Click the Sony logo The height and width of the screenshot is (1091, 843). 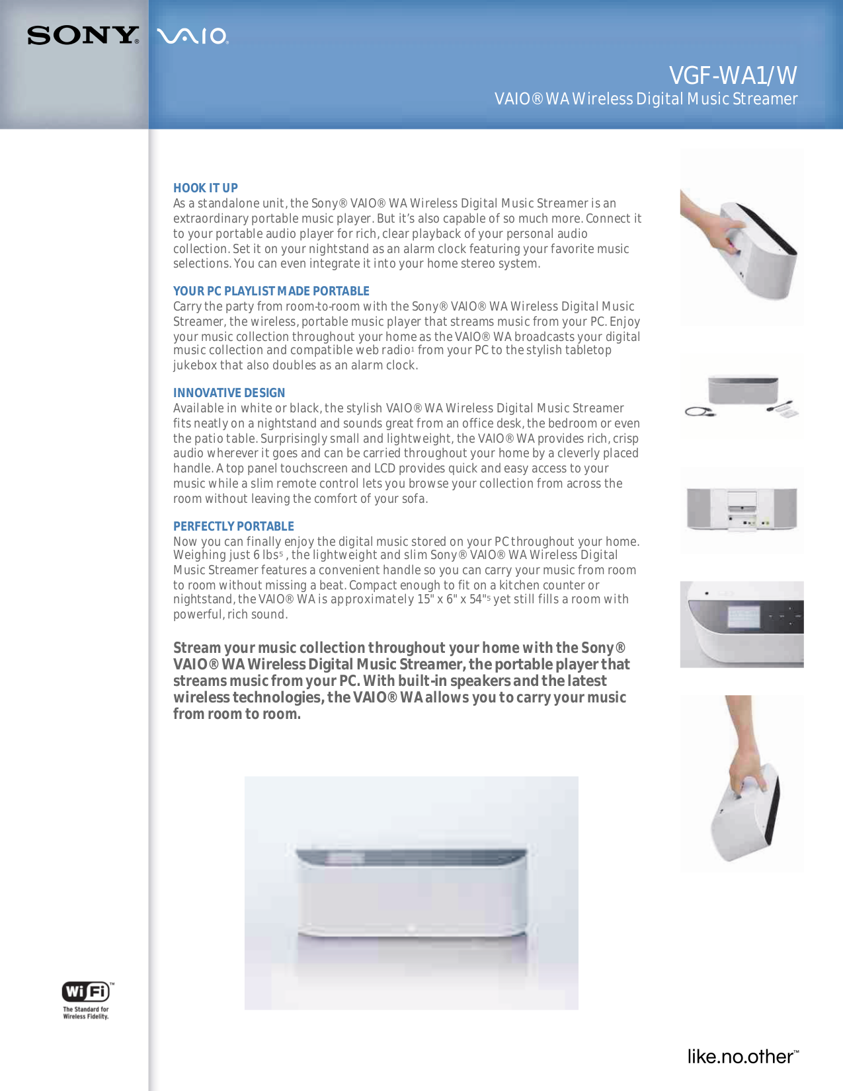pyautogui.click(x=83, y=36)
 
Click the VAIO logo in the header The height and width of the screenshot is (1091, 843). pyautogui.click(x=193, y=36)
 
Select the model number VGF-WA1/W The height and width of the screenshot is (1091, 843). pyautogui.click(x=733, y=76)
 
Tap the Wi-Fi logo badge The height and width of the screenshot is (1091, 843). pyautogui.click(x=86, y=992)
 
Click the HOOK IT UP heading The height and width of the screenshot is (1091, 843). pyautogui.click(x=205, y=188)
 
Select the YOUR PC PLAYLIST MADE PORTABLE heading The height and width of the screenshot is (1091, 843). pyautogui.click(x=271, y=291)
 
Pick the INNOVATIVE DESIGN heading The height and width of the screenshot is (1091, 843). pyautogui.click(x=229, y=393)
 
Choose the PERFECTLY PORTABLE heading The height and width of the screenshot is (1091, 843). pyautogui.click(x=233, y=527)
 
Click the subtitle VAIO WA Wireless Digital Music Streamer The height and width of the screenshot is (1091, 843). pyautogui.click(x=645, y=99)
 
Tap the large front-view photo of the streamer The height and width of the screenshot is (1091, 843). pyautogui.click(x=411, y=892)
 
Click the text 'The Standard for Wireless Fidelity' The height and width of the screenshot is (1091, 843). pyautogui.click(x=86, y=1013)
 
